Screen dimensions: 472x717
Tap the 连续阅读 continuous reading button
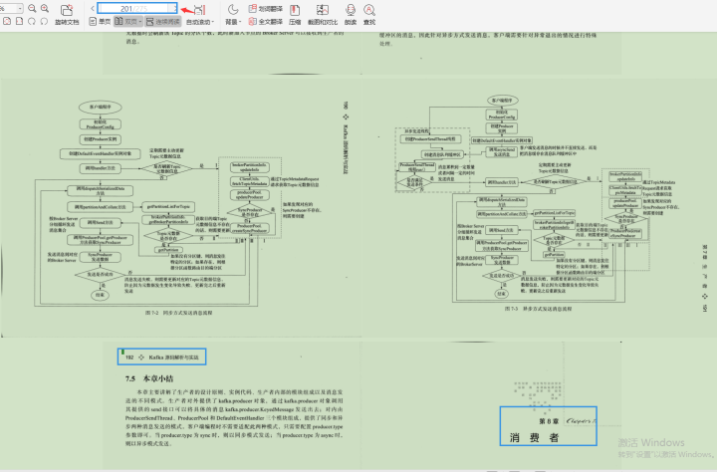click(x=162, y=21)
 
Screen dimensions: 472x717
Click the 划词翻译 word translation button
click(x=267, y=8)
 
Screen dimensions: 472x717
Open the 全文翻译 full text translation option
click(x=267, y=21)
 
